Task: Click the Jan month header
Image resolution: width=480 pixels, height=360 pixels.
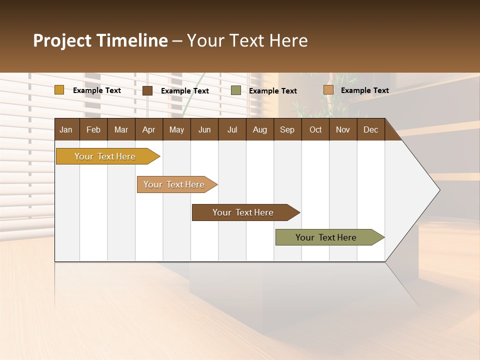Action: [66, 129]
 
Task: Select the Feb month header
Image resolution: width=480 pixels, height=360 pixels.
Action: [93, 129]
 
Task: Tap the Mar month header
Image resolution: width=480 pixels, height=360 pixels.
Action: [121, 129]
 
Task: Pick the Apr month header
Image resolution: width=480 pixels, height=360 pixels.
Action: [148, 129]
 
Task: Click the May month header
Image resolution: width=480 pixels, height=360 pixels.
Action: [176, 129]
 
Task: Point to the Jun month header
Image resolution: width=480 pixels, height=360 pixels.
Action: [204, 129]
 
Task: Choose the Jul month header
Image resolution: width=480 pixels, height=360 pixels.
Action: [232, 129]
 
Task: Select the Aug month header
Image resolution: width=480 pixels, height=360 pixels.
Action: [260, 129]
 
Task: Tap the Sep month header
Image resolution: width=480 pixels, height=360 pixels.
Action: [287, 129]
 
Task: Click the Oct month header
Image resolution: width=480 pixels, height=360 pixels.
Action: [315, 129]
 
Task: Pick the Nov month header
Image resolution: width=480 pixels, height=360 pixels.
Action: [343, 129]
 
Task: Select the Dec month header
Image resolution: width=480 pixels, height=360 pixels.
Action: [370, 129]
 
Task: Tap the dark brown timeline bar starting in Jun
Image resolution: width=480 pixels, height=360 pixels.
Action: [243, 212]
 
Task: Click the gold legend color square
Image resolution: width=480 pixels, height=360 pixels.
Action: [59, 90]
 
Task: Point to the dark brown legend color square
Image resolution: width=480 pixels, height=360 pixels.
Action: [147, 90]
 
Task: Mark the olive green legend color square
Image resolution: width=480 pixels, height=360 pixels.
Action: [236, 90]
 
